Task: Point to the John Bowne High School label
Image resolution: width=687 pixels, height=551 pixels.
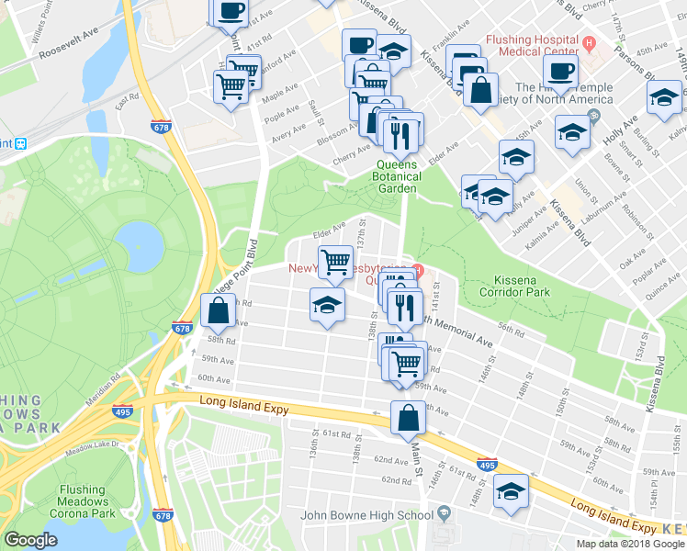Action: pyautogui.click(x=366, y=515)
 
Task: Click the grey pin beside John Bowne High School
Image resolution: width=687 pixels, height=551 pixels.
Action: pyautogui.click(x=444, y=512)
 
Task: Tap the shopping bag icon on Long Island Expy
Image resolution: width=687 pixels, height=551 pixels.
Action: pyautogui.click(x=408, y=419)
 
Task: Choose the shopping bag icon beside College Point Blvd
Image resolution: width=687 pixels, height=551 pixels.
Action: pyautogui.click(x=219, y=311)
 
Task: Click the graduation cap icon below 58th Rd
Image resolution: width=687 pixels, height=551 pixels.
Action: pyautogui.click(x=327, y=304)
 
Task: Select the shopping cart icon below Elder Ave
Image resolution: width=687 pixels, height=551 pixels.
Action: pyautogui.click(x=335, y=262)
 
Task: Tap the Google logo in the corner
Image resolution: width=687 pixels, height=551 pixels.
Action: pyautogui.click(x=31, y=539)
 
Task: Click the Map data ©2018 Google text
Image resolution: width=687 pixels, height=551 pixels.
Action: pyautogui.click(x=629, y=543)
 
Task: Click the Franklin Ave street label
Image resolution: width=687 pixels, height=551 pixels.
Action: pyautogui.click(x=452, y=42)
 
